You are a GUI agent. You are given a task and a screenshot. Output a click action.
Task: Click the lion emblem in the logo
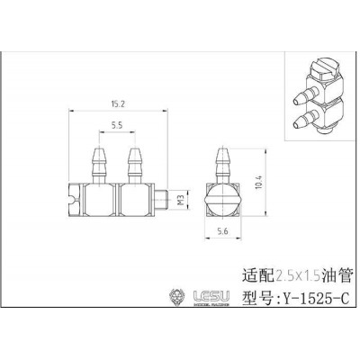tap(176, 296)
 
